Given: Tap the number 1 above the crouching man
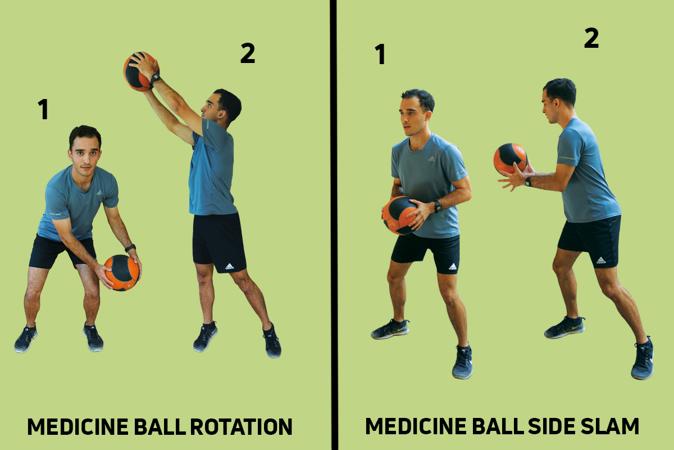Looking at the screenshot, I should tap(43, 110).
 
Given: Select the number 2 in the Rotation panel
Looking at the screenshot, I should tap(247, 54).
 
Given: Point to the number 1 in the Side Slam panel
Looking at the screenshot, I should tap(380, 55).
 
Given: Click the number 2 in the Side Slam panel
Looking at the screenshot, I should tap(591, 39).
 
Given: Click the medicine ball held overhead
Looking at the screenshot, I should tap(138, 72).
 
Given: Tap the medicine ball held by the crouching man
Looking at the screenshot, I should tap(121, 272).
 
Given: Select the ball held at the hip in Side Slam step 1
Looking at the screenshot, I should tap(399, 215).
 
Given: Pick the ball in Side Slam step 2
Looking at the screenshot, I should tap(509, 159).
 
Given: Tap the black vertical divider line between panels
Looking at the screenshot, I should tap(334, 225).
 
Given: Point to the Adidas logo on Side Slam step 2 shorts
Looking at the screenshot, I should tap(601, 260).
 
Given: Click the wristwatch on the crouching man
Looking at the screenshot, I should tap(130, 248).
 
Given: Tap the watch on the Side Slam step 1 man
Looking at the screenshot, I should tap(438, 206).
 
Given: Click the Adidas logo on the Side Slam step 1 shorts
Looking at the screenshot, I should tap(452, 266).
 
